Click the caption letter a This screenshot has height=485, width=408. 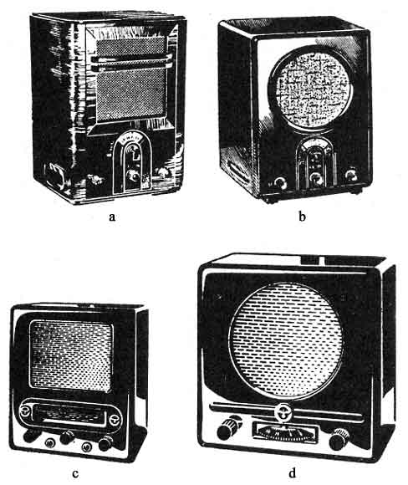(112, 217)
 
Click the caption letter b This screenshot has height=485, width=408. (302, 217)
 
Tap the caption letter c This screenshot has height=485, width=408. (75, 473)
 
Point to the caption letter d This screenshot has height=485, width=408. (292, 472)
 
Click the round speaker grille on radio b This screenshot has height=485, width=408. (311, 90)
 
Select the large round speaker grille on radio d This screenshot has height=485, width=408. (285, 340)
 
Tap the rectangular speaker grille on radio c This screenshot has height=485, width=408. (71, 355)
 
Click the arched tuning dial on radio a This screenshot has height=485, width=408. (130, 161)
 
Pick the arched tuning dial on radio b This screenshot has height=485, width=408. (315, 163)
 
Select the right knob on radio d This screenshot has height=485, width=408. (339, 438)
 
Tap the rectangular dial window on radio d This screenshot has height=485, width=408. (285, 431)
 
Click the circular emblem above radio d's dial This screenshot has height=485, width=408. (282, 412)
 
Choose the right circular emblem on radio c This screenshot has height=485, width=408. (115, 420)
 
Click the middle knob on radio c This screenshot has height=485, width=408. (67, 437)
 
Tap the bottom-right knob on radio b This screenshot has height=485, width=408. (352, 175)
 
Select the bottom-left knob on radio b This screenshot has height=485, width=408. (280, 183)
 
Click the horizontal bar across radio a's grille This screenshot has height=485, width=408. (131, 59)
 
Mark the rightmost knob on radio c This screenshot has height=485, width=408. (105, 443)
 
